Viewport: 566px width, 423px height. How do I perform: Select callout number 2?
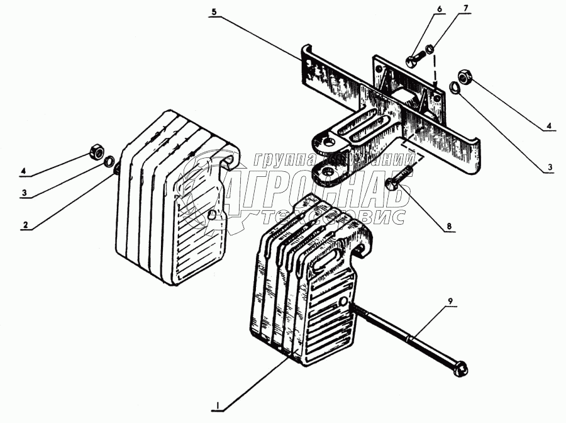pos(26,224)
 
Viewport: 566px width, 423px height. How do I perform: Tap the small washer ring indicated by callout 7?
pos(429,49)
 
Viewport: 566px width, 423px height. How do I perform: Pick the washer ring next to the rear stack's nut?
pos(109,162)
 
